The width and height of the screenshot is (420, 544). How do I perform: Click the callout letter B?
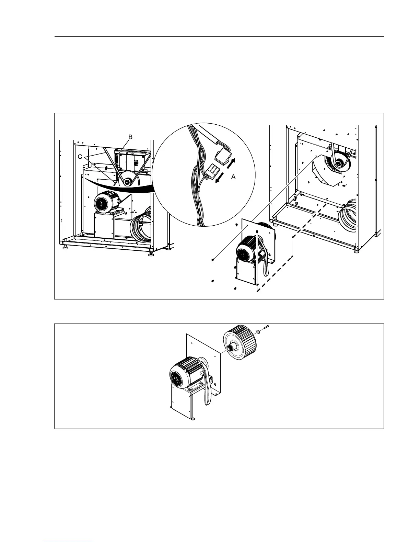point(130,137)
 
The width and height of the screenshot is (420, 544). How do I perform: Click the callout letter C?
point(80,157)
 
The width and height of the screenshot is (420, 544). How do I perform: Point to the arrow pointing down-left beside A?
point(219,179)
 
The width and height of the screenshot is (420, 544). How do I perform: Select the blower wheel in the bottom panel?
point(240,343)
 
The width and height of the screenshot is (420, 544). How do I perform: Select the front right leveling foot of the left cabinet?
point(151,254)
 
